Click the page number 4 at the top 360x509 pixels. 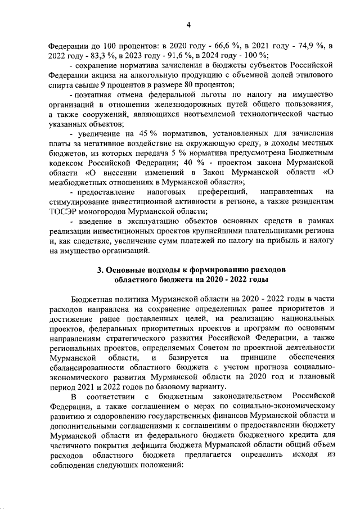click(188, 24)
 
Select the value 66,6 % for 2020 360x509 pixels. click(218, 44)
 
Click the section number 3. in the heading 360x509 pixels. click(101, 270)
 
